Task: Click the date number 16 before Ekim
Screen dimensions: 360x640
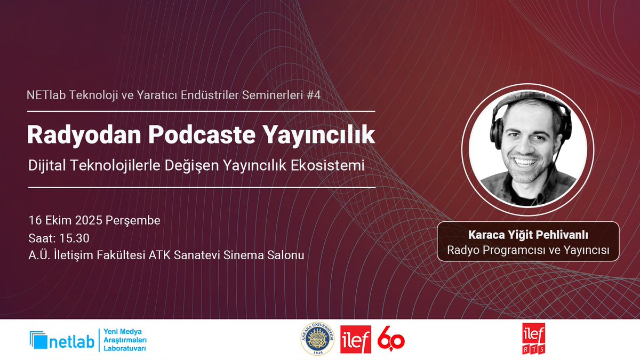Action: click(x=35, y=220)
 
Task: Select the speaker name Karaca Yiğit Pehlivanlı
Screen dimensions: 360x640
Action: click(x=528, y=235)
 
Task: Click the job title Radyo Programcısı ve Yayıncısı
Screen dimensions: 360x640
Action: click(x=528, y=249)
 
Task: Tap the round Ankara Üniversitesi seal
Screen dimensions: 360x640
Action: click(x=318, y=339)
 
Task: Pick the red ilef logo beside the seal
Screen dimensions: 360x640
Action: click(x=355, y=339)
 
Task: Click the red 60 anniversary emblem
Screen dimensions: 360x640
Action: click(x=391, y=339)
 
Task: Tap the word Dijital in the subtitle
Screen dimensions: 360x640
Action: click(x=45, y=166)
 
